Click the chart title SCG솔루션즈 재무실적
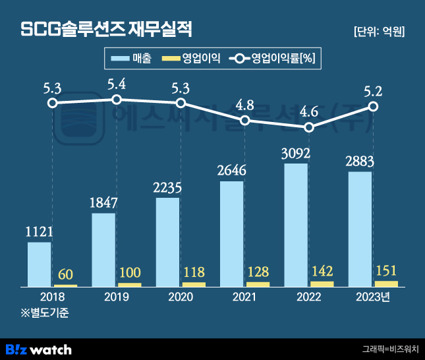pyautogui.click(x=107, y=30)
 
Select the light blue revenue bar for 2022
pyautogui.click(x=296, y=225)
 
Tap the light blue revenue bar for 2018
pyautogui.click(x=39, y=264)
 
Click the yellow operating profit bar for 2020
pyautogui.click(x=194, y=284)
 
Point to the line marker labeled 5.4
pyautogui.click(x=117, y=100)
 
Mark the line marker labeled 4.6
pyautogui.click(x=310, y=125)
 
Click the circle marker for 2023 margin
pyautogui.click(x=374, y=106)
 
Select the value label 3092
pyautogui.click(x=296, y=154)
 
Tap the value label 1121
pyautogui.click(x=39, y=231)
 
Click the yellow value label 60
pyautogui.click(x=65, y=274)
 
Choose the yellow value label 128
pyautogui.click(x=258, y=272)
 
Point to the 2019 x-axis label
pyautogui.click(x=116, y=297)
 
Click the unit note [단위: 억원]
pyautogui.click(x=379, y=31)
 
